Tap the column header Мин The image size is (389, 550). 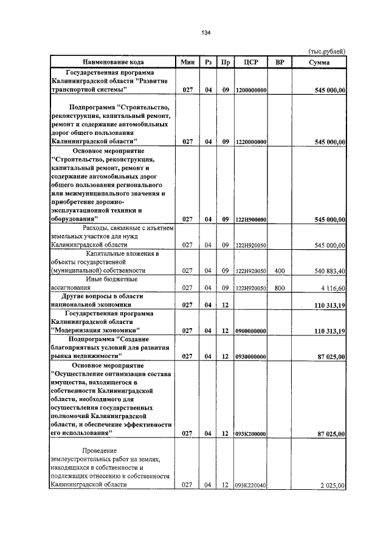187,62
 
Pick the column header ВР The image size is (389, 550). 280,62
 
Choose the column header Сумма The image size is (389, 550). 319,62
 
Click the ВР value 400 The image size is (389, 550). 280,271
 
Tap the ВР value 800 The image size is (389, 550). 280,289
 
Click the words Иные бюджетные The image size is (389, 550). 111,280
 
